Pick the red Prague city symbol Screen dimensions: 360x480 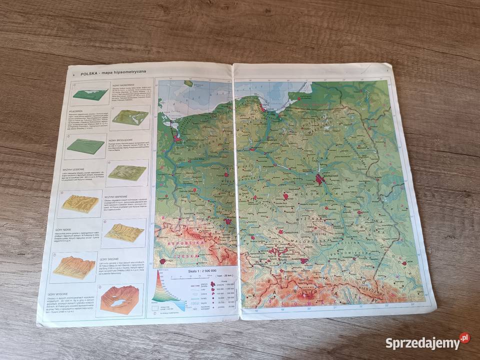[x=162, y=261]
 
